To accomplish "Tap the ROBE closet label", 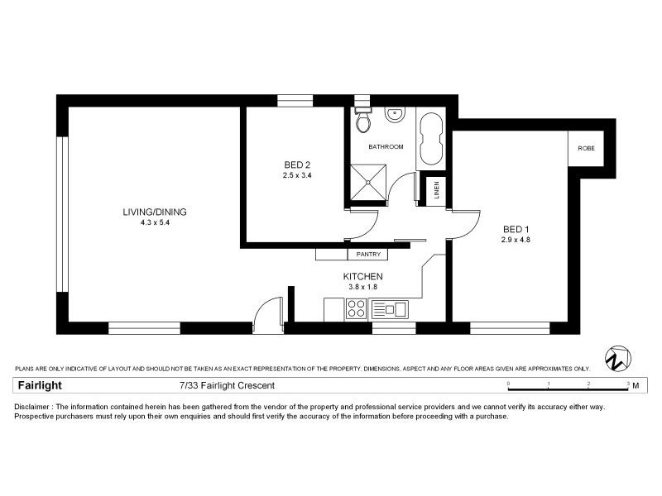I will [585, 149].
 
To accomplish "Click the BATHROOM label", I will [386, 147].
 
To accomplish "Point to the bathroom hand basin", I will [394, 117].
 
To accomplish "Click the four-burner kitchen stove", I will [356, 310].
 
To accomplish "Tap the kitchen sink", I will [390, 310].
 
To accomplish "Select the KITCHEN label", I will [362, 276].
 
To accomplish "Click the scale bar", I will [568, 384].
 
